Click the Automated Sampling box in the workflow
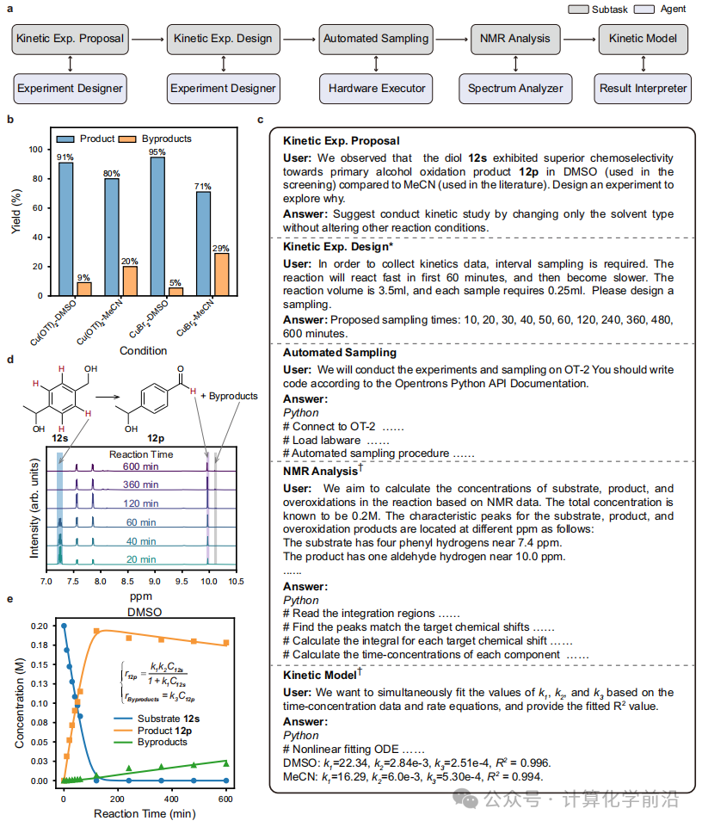pyautogui.click(x=375, y=38)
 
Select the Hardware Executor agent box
pyautogui.click(x=375, y=88)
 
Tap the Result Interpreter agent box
pyautogui.click(x=643, y=88)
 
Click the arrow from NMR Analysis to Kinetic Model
pyautogui.click(x=577, y=39)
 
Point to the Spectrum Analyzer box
pyautogui.click(x=515, y=88)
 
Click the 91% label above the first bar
pyautogui.click(x=65, y=157)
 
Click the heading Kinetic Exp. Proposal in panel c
pyautogui.click(x=341, y=140)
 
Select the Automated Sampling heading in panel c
pyautogui.click(x=338, y=352)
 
